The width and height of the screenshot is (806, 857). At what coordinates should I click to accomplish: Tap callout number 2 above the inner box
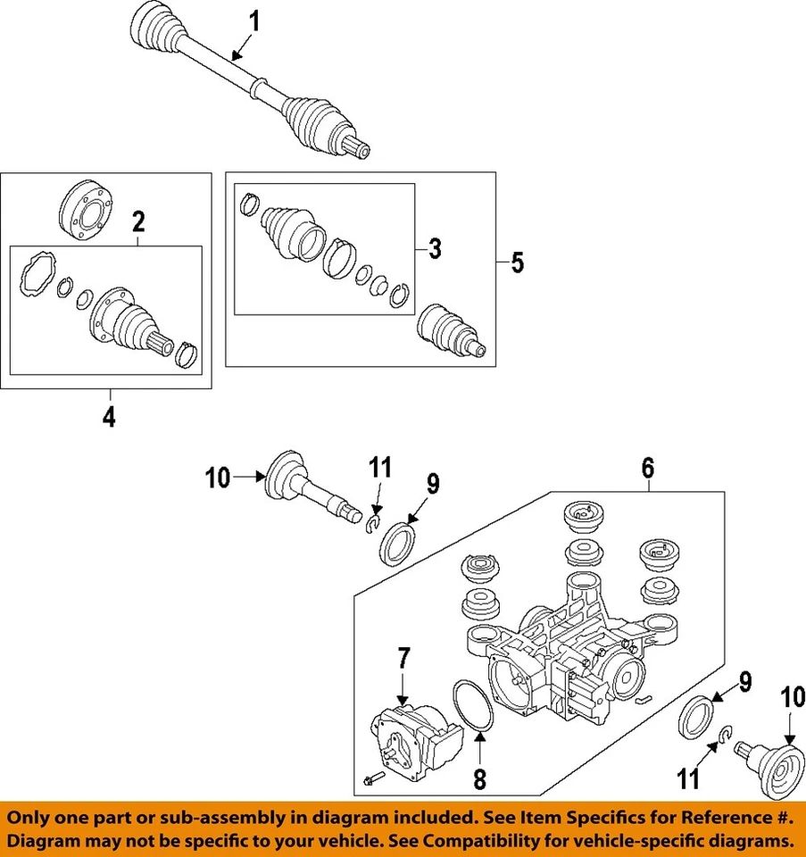(x=138, y=220)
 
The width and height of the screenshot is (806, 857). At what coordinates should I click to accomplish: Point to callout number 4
(x=108, y=417)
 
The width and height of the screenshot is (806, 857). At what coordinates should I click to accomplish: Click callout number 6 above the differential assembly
(x=648, y=466)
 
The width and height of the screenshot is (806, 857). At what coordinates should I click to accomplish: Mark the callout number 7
(x=403, y=659)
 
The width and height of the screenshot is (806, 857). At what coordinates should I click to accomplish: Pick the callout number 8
(x=479, y=779)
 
